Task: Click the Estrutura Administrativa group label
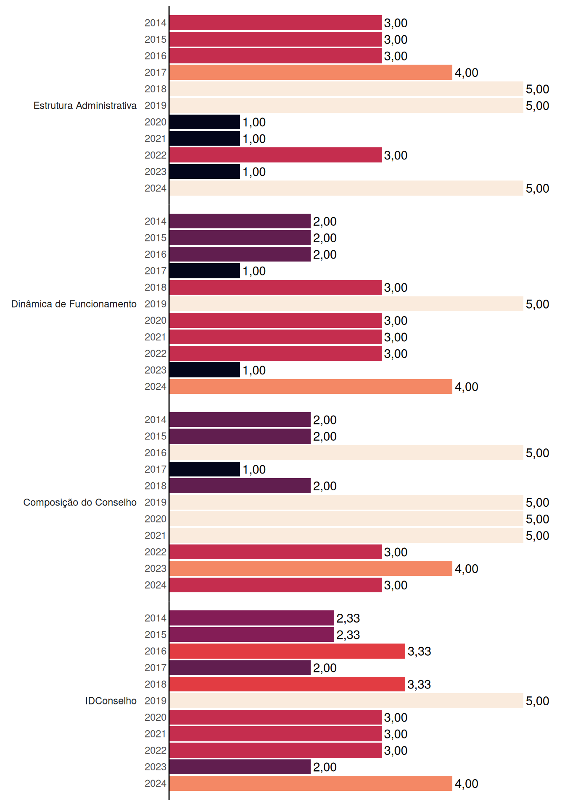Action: point(85,105)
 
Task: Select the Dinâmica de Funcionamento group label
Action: point(74,304)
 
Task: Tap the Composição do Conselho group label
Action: point(80,502)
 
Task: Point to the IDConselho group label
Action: point(111,701)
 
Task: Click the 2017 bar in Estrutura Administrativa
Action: point(311,72)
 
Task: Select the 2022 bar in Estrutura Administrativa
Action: point(276,155)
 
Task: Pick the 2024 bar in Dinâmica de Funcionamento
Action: point(311,387)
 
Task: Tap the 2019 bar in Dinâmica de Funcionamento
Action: point(346,304)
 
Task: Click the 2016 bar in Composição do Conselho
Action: point(346,453)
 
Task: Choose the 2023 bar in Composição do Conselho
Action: point(311,568)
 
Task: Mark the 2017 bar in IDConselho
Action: point(240,667)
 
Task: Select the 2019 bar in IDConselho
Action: point(346,701)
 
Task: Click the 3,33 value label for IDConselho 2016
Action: point(419,652)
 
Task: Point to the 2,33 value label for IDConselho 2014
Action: point(348,618)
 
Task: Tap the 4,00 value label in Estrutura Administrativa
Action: point(467,73)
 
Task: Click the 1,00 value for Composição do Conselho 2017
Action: point(254,469)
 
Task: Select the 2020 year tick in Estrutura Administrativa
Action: point(156,122)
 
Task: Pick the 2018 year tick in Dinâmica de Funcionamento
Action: point(156,288)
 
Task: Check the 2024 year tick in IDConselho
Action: point(156,783)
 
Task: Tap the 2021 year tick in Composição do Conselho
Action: point(156,536)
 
